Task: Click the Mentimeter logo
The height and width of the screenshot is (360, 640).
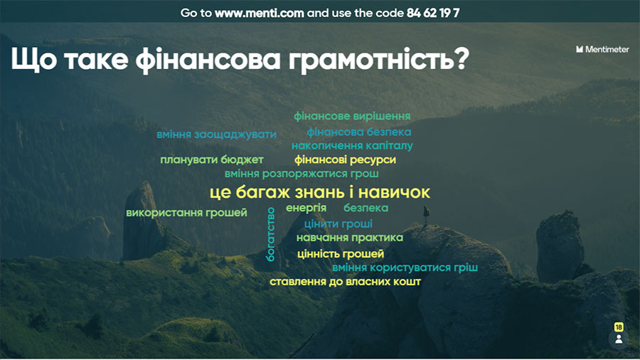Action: coord(602,49)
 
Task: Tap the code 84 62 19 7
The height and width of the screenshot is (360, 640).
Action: coord(433,13)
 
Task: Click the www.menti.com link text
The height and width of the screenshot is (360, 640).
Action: coord(259,13)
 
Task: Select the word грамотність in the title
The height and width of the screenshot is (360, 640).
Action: coord(379,60)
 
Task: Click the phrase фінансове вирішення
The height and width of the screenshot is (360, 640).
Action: coord(352,117)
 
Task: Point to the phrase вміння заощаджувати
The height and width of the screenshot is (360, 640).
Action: coord(216,134)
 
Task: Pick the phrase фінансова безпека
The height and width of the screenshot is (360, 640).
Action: coord(359,132)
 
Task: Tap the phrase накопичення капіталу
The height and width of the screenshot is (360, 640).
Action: coord(352,146)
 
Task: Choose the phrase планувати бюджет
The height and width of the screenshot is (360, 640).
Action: coord(211,159)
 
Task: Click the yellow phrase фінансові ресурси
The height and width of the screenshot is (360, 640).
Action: coord(345,159)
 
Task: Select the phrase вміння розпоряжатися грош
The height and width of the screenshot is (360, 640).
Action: coord(302,174)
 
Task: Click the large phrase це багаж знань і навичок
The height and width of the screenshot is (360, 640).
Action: coord(319,192)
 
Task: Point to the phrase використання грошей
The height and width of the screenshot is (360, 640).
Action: coord(186,213)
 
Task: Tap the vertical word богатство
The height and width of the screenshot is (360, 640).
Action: coord(270,234)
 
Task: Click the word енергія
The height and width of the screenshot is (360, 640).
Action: coord(306,208)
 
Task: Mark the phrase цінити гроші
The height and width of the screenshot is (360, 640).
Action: coord(338,223)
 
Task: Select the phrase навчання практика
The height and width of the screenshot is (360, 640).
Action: coord(349,238)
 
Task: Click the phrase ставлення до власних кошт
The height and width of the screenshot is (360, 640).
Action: coord(345,282)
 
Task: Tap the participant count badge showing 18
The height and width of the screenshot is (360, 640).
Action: coord(619,327)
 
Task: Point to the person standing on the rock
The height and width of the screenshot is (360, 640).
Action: coord(426,215)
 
